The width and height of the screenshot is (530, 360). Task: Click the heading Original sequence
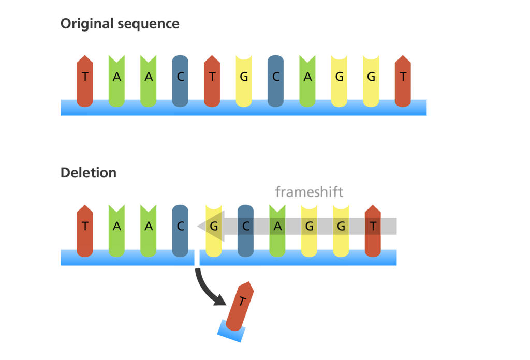[x=120, y=24]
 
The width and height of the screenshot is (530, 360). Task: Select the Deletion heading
[x=88, y=173]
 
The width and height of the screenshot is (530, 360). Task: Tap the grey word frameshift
[x=309, y=192]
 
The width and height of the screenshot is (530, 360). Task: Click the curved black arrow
[x=210, y=290]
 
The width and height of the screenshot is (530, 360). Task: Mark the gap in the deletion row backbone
[x=197, y=258]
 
